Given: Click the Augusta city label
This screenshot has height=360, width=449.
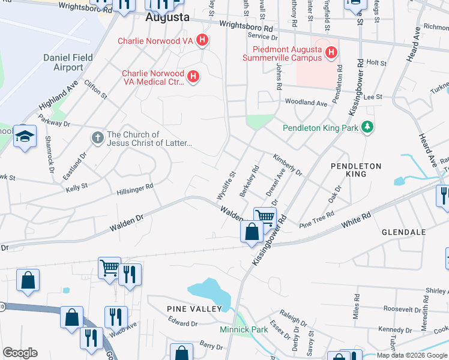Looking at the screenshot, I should coord(167,18).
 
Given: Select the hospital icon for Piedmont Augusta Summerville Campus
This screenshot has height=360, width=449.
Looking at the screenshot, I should coord(330,54).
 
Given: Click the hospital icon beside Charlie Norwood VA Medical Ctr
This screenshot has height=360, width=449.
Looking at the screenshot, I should coord(193,76).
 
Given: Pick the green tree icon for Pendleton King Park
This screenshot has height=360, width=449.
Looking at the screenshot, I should coord(367,127).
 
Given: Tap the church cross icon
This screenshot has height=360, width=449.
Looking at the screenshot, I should coord(97,139).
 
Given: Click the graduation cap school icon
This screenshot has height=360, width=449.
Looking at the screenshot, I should coord(25,136).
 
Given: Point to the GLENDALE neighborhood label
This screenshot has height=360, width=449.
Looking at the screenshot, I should coord(403,232).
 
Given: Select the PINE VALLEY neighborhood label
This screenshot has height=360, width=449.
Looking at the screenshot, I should coord(194,308).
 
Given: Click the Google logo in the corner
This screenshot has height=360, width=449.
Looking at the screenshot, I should coord(20,353).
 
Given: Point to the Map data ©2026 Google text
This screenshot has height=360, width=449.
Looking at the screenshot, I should coord(411,355).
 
